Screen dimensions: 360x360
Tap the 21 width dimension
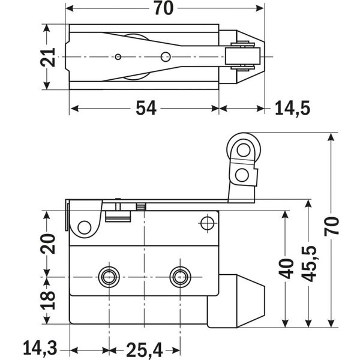50,58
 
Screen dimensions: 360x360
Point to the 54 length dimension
145,108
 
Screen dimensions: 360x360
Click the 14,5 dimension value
292,108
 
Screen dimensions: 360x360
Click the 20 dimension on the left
50,244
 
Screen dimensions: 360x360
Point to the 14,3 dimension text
40,348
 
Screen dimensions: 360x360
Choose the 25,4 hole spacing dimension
145,348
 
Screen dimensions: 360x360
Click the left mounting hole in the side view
109,277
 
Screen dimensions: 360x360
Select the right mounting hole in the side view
179,277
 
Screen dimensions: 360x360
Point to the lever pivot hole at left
85,227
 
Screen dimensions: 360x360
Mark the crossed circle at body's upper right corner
207,224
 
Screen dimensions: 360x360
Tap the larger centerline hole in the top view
165,57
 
